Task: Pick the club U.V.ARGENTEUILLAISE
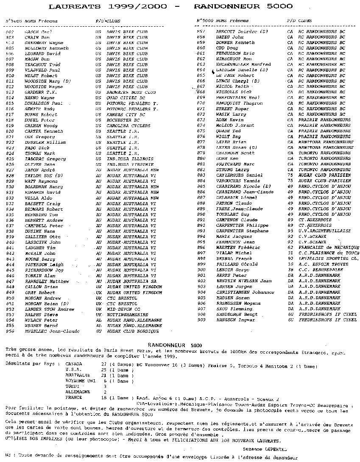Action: (x=325, y=231)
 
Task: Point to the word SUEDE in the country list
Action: (x=73, y=387)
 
